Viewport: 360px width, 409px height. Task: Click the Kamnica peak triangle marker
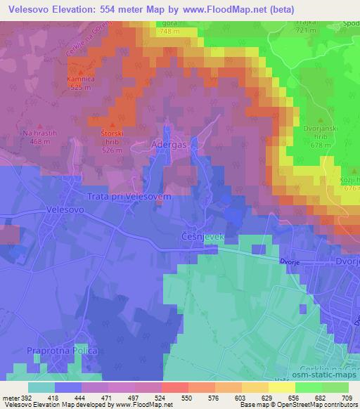[80, 73]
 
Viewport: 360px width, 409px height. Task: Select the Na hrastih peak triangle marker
[39, 124]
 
